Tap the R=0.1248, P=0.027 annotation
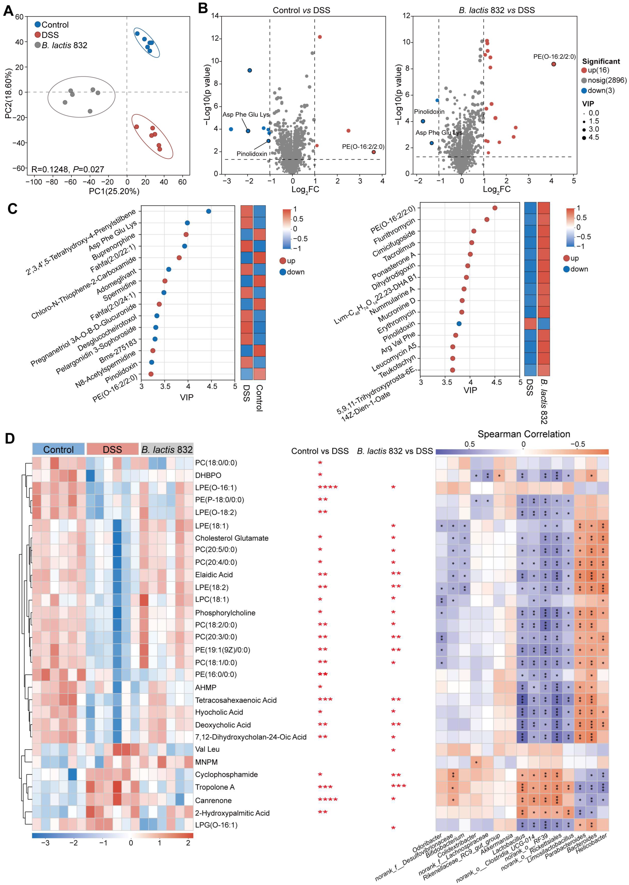[x=67, y=169]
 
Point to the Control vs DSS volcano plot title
[x=301, y=10]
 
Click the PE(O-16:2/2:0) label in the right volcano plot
[x=554, y=57]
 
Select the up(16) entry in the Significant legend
[x=595, y=70]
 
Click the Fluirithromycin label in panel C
[x=394, y=231]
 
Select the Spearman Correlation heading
[x=524, y=434]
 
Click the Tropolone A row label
[x=215, y=787]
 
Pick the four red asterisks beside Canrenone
[x=328, y=800]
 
